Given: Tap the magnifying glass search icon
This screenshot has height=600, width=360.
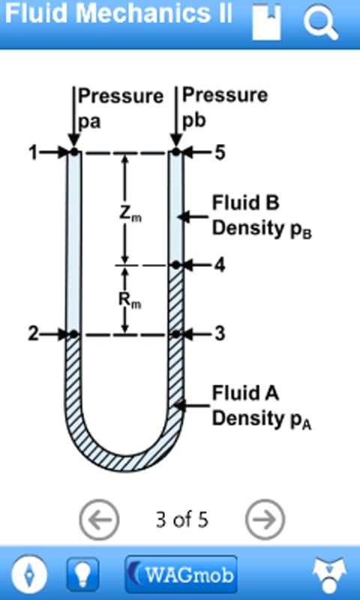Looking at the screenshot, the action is tap(320, 22).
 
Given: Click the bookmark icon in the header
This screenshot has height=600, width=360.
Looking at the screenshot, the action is tap(267, 22).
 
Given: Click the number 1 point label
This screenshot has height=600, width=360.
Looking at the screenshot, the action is tap(33, 153).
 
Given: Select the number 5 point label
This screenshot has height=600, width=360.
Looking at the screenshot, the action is tap(220, 153).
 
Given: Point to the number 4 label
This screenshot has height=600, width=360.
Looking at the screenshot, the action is tap(220, 265).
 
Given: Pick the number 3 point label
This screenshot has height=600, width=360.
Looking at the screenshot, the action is tap(220, 334).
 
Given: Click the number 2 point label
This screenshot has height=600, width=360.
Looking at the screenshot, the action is tap(34, 334).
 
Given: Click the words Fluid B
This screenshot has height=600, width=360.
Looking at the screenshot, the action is tap(245, 202).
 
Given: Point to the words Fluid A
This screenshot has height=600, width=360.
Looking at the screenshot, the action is tap(245, 393).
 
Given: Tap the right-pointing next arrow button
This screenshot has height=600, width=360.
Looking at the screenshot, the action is tap(265, 519).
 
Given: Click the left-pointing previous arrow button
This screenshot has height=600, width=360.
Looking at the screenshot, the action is tap(99, 519).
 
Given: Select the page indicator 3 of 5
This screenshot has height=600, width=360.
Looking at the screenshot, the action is tap(182, 520).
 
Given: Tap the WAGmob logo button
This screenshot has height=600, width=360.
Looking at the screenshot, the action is tap(181, 574).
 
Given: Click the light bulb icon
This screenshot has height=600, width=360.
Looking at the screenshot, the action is tap(82, 574).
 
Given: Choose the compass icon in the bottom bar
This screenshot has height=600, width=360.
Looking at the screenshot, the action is tap(29, 574).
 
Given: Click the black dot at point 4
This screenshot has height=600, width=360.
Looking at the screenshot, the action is tap(175, 265).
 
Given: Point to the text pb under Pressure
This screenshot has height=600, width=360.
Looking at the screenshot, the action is tap(194, 121).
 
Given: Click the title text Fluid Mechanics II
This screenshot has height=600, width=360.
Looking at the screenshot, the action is tap(118, 14).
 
